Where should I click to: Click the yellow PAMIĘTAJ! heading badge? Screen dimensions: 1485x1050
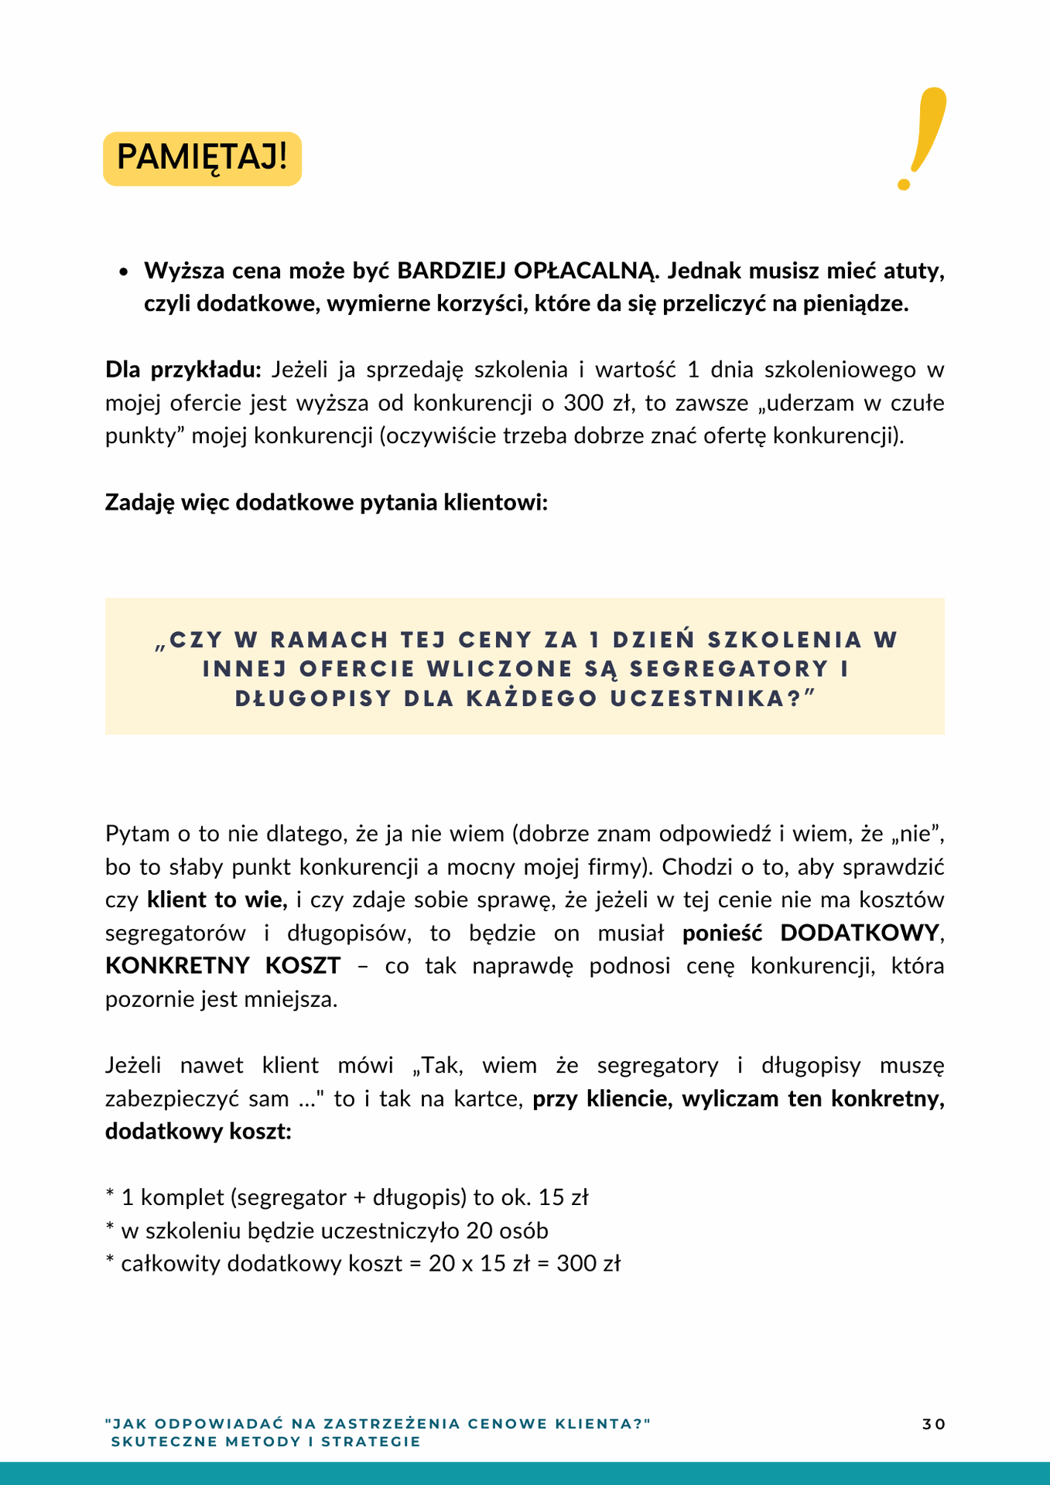click(x=202, y=159)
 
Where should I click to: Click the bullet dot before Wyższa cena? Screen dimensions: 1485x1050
click(x=123, y=272)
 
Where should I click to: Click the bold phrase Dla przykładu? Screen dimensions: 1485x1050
click(x=184, y=370)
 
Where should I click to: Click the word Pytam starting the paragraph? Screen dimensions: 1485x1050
click(x=137, y=834)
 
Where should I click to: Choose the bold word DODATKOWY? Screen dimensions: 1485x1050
click(x=859, y=933)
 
